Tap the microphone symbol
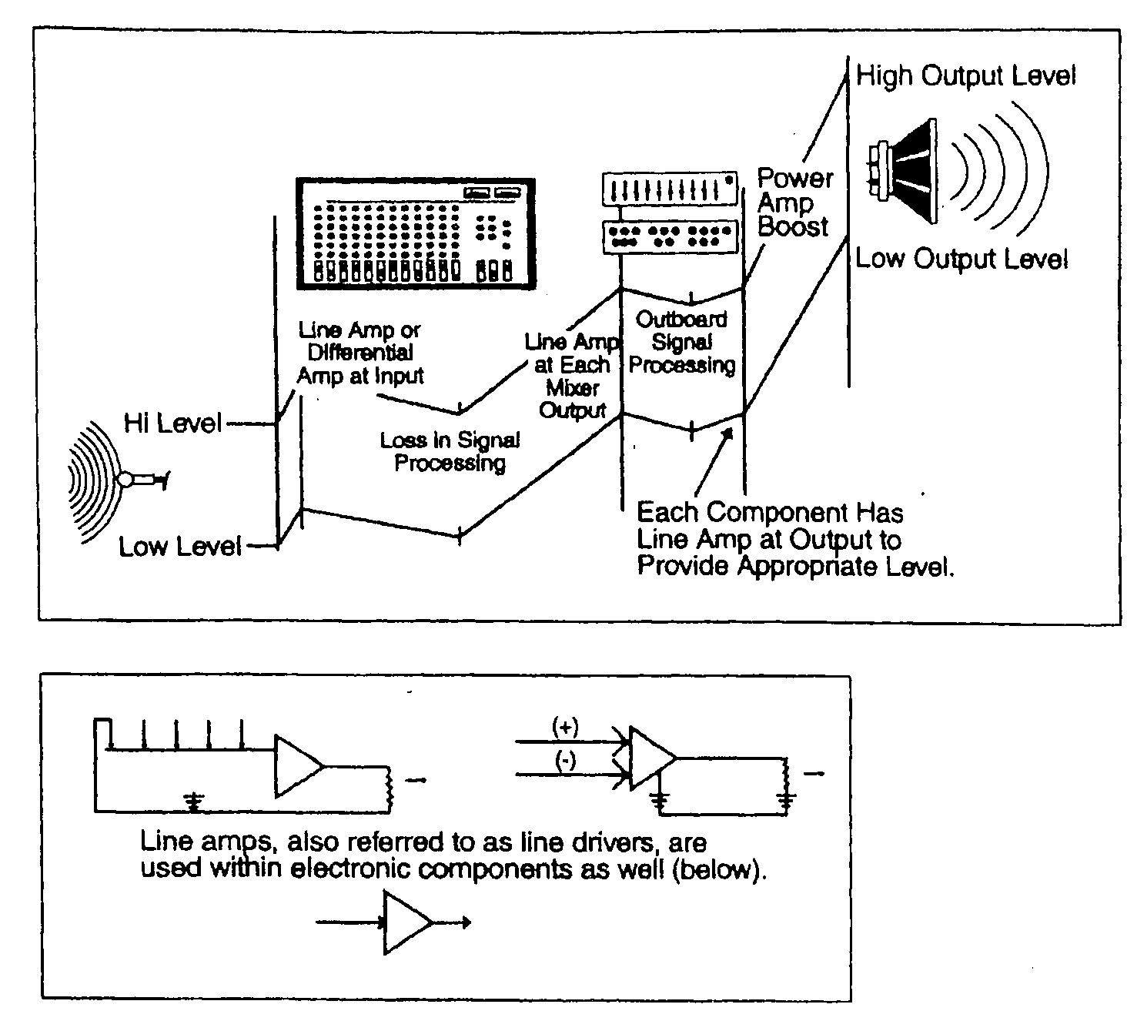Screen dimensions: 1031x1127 coord(142,480)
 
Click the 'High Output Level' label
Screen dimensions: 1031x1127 coord(965,76)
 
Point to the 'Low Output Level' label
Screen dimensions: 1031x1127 coord(961,259)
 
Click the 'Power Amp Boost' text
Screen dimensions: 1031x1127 coord(794,203)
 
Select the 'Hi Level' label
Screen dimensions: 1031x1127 coord(172,423)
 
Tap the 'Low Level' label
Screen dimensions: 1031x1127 coord(179,547)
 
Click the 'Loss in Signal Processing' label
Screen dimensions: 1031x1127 coord(450,451)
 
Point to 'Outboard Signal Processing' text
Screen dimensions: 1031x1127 coord(681,342)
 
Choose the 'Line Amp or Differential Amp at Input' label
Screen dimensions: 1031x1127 coord(360,353)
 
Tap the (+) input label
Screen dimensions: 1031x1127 coord(566,726)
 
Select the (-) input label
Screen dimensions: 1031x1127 coord(566,762)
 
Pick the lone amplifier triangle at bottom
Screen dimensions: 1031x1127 coord(406,922)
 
